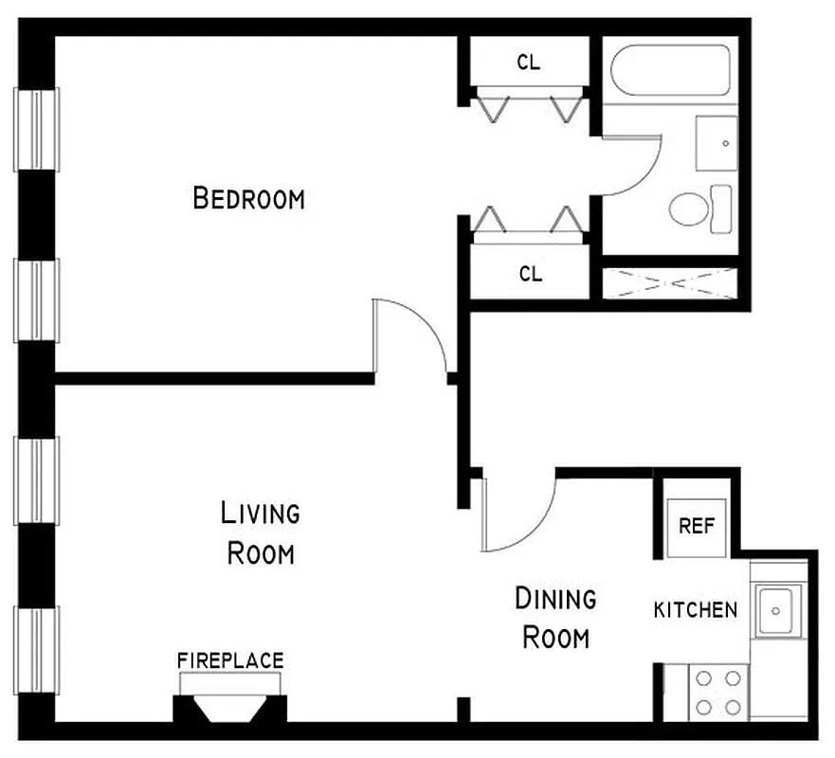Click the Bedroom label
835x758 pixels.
point(248,199)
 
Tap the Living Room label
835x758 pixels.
point(260,533)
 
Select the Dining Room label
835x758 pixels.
point(555,618)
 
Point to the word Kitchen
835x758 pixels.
point(695,609)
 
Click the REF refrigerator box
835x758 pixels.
point(696,526)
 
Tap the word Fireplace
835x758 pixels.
point(230,660)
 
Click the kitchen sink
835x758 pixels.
point(777,609)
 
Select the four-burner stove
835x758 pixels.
point(717,693)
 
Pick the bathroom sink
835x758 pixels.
point(717,143)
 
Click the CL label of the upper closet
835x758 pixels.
point(529,63)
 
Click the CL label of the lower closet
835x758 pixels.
point(531,274)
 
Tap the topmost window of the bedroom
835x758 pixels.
point(36,129)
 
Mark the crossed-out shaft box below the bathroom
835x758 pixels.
point(670,283)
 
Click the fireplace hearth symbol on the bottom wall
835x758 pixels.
point(229,708)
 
